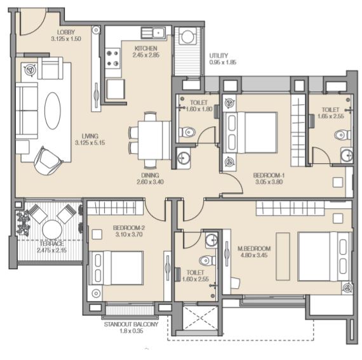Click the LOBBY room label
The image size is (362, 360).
point(66,32)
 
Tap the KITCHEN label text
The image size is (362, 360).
point(146,48)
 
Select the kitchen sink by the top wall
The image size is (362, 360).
point(153,32)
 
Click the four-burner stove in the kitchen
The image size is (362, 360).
point(112,58)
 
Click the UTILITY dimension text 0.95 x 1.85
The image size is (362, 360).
point(223,62)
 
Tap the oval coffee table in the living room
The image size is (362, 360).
point(53,110)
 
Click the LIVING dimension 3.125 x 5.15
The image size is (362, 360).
point(90,143)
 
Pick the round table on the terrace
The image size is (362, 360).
point(52,230)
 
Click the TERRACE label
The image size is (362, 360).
point(51,244)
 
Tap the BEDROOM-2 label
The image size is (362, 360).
point(129,228)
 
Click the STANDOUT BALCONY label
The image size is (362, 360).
point(131,324)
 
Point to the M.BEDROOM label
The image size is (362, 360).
point(254,248)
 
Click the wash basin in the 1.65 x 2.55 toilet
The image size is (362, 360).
point(347,155)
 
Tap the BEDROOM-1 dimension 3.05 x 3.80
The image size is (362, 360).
point(269,182)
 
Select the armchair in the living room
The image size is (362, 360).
point(48,161)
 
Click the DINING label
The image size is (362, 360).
point(150,175)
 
